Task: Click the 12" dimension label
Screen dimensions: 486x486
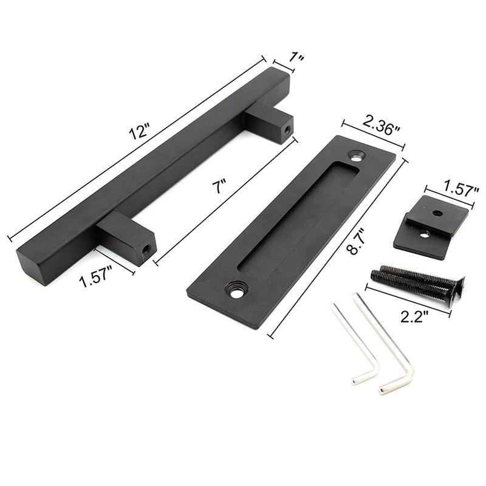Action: [x=140, y=131]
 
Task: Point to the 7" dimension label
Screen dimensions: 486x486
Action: [x=219, y=187]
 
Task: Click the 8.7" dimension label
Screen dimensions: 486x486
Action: [x=355, y=241]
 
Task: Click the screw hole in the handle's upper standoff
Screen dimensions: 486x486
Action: [x=287, y=129]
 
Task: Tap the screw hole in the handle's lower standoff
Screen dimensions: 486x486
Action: [x=146, y=250]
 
